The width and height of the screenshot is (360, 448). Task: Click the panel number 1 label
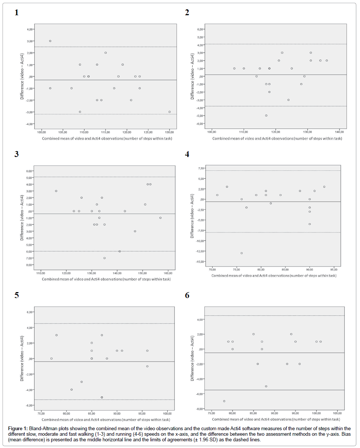[x=16, y=13]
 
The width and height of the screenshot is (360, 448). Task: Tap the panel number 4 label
[x=187, y=154]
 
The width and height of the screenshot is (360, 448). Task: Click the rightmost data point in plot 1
[x=170, y=112]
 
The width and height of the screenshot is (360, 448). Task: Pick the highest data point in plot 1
[x=50, y=41]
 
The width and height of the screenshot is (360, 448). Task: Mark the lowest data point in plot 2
[x=266, y=115]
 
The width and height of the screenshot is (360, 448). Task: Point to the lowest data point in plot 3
[x=105, y=258]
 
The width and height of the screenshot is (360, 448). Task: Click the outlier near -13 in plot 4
[x=242, y=253]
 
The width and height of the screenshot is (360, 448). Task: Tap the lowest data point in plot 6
[x=224, y=401]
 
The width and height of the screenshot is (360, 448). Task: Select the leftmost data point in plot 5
[x=52, y=359]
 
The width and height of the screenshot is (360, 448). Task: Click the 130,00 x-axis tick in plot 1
[x=169, y=132]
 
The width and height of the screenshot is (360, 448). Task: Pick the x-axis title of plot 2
[x=277, y=138]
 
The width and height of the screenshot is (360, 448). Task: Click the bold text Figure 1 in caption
[x=18, y=429]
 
